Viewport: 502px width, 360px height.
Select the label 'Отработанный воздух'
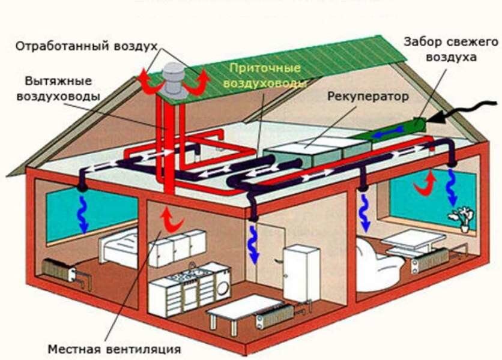click(x=86, y=46)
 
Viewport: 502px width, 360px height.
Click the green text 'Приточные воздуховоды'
click(x=263, y=76)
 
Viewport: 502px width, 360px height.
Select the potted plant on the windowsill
click(x=464, y=218)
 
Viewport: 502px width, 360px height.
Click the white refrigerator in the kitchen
click(x=301, y=273)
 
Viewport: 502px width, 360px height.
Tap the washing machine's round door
click(x=222, y=287)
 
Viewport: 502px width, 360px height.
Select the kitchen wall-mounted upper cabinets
click(x=177, y=247)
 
